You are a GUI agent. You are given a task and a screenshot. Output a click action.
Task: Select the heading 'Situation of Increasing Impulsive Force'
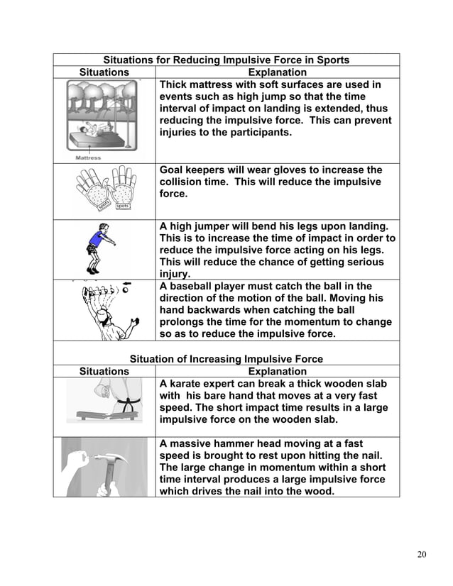tap(226, 358)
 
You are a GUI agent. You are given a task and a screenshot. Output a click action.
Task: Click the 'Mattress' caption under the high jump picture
tap(87, 157)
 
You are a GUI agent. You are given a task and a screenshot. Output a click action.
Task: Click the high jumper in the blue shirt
tap(97, 248)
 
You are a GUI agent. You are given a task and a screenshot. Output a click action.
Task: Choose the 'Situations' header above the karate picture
tap(104, 371)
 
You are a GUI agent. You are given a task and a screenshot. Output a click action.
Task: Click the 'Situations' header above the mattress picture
tap(104, 72)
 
